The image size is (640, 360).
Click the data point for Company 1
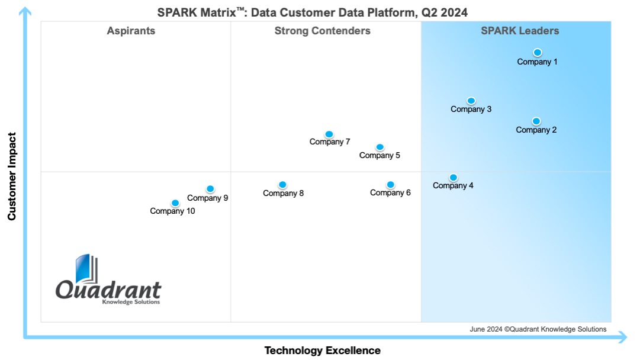point(537,52)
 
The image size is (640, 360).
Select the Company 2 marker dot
point(536,121)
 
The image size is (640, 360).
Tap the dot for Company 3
point(471,101)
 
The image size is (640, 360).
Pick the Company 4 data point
point(453,177)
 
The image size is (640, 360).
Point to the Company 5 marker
point(380,147)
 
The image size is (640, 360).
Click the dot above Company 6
point(390,185)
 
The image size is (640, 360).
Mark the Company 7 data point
point(329,134)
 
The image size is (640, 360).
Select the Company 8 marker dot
point(282,185)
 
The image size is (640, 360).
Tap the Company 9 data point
point(210,189)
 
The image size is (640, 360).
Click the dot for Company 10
point(175,203)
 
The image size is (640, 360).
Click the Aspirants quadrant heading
point(131,31)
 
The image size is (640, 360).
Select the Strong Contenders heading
point(322,31)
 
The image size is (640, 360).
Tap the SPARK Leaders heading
point(520,31)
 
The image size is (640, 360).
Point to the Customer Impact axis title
point(11,176)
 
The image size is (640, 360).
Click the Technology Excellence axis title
point(322,351)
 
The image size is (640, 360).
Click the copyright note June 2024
point(538,329)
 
